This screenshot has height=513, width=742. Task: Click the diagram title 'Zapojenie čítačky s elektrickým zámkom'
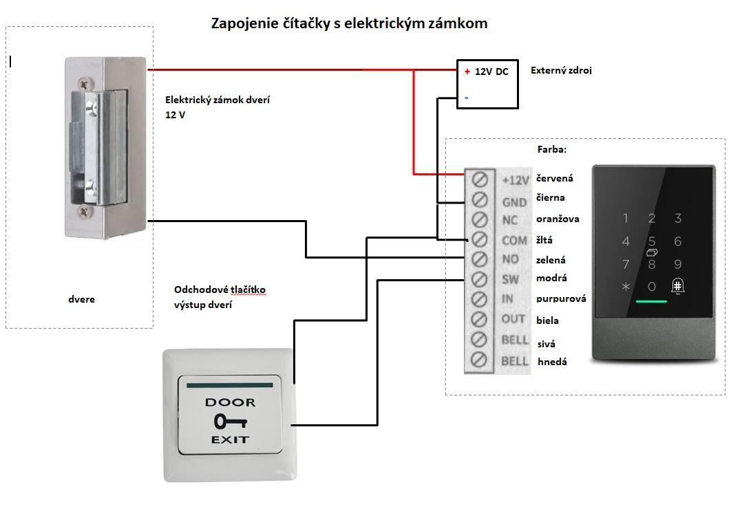click(x=349, y=23)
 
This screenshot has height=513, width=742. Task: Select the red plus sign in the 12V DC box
click(x=467, y=72)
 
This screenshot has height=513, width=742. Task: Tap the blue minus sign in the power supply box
click(x=467, y=98)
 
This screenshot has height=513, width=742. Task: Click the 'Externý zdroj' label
click(x=561, y=70)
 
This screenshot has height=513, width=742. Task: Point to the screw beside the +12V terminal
click(x=480, y=179)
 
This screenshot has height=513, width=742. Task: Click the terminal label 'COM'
click(x=514, y=241)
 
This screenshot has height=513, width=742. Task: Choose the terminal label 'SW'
click(x=510, y=279)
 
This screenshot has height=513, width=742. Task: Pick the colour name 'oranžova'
click(x=558, y=219)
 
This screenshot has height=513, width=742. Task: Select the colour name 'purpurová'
click(x=561, y=298)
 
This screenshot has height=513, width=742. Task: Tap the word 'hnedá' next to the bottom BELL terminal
click(x=552, y=362)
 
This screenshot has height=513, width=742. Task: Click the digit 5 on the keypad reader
click(x=652, y=241)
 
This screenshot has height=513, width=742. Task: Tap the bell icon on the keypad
click(x=677, y=285)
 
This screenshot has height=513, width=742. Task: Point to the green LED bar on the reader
click(x=651, y=301)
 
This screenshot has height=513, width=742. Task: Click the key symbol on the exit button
click(x=231, y=421)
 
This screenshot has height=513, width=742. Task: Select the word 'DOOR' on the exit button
click(x=230, y=402)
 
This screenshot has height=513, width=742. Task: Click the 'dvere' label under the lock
click(x=81, y=299)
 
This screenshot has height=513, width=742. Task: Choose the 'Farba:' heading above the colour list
click(x=552, y=149)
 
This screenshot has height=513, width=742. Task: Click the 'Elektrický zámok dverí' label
click(x=218, y=100)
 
